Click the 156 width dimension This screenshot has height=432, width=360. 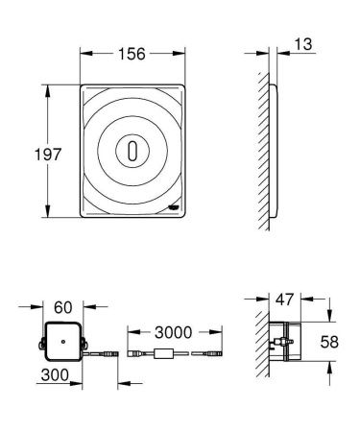[132, 54]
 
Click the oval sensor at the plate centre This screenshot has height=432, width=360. [132, 150]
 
